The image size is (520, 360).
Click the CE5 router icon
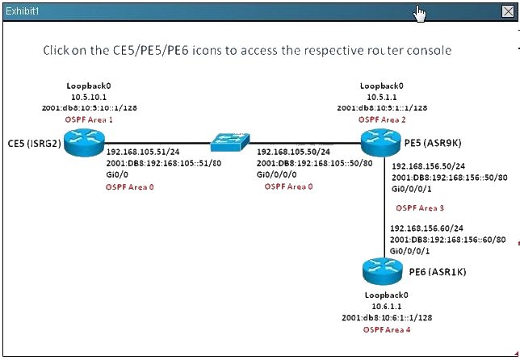pyautogui.click(x=84, y=143)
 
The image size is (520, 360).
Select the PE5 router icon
pyautogui.click(x=381, y=143)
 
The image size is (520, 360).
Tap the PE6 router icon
pyautogui.click(x=383, y=271)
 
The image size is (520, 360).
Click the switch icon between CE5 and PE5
pyautogui.click(x=230, y=142)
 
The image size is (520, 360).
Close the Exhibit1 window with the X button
pyautogui.click(x=508, y=11)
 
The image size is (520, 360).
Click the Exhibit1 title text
pyautogui.click(x=23, y=11)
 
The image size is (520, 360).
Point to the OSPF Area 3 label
pyautogui.click(x=420, y=208)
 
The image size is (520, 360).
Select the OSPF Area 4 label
pyautogui.click(x=387, y=330)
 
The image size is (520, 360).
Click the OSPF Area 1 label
pyautogui.click(x=89, y=119)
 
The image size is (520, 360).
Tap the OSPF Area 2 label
pyautogui.click(x=382, y=119)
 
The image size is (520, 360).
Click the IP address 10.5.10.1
pyautogui.click(x=89, y=97)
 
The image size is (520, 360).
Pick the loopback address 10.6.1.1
pyautogui.click(x=387, y=306)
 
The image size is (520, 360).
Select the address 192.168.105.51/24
pyautogui.click(x=143, y=152)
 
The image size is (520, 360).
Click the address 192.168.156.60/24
pyautogui.click(x=427, y=228)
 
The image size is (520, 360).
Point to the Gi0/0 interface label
pyautogui.click(x=117, y=174)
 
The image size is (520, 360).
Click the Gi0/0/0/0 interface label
pyautogui.click(x=277, y=174)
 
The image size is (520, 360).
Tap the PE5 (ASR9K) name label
pyautogui.click(x=433, y=143)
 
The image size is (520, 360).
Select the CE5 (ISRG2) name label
pyautogui.click(x=35, y=143)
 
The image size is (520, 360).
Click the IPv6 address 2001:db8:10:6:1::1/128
pyautogui.click(x=387, y=317)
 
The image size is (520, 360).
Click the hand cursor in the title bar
pyautogui.click(x=419, y=14)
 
